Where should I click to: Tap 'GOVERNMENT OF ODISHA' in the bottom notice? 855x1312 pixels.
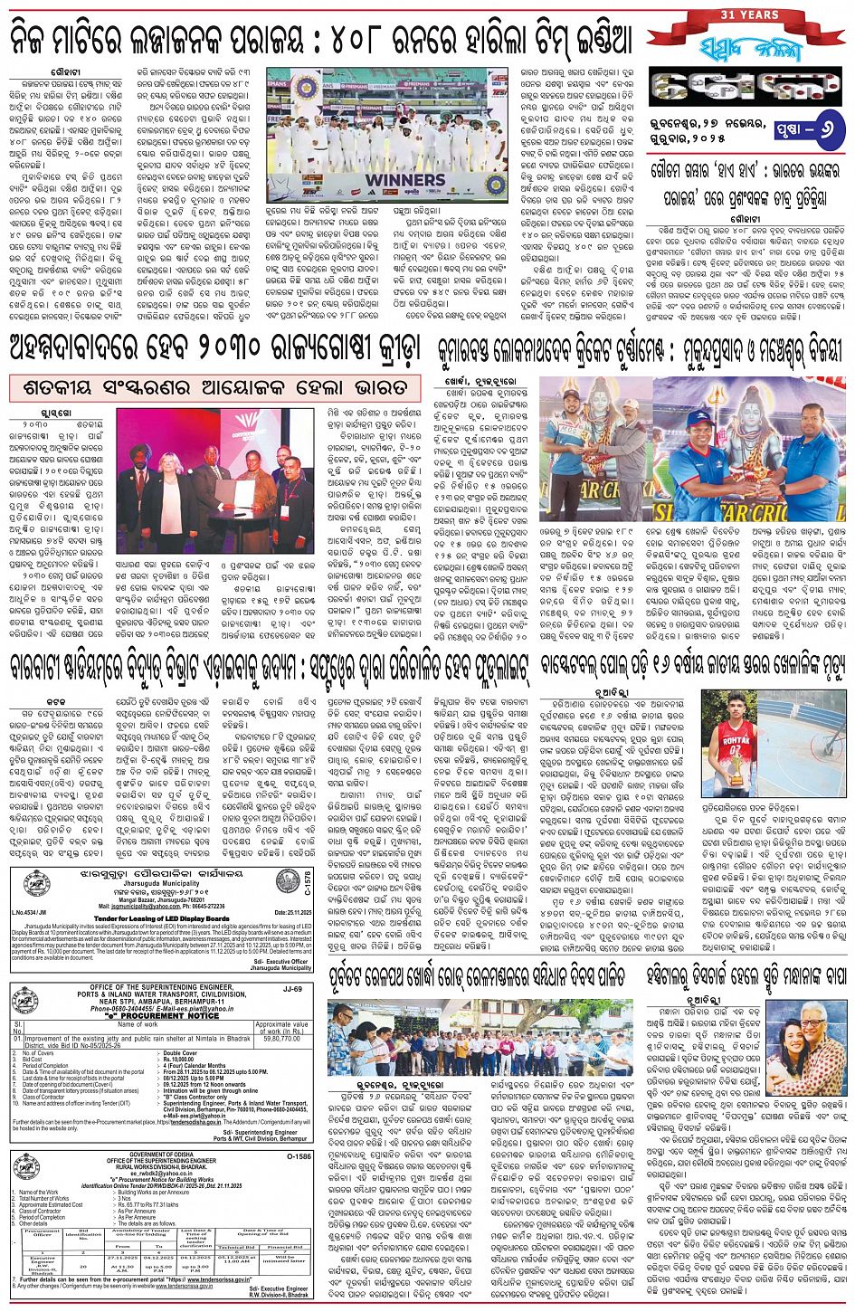click(161, 1155)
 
